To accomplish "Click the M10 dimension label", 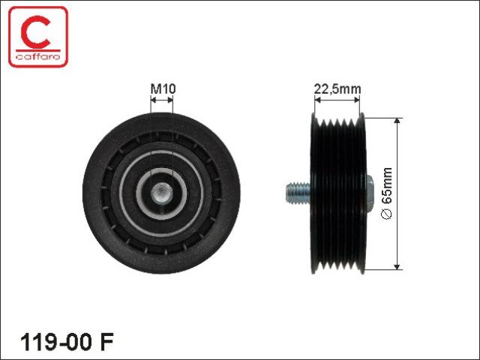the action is coord(163,88).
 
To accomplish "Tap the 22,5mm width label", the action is coord(337,89).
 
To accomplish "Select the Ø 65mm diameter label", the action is coord(387,193).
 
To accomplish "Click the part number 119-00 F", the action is coord(67,342).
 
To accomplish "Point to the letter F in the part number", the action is coord(107,342).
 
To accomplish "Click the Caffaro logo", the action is coord(38,37).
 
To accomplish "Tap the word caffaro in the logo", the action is coord(38,56).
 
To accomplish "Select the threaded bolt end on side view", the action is coord(298,193).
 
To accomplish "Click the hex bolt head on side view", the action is coord(370,193).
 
